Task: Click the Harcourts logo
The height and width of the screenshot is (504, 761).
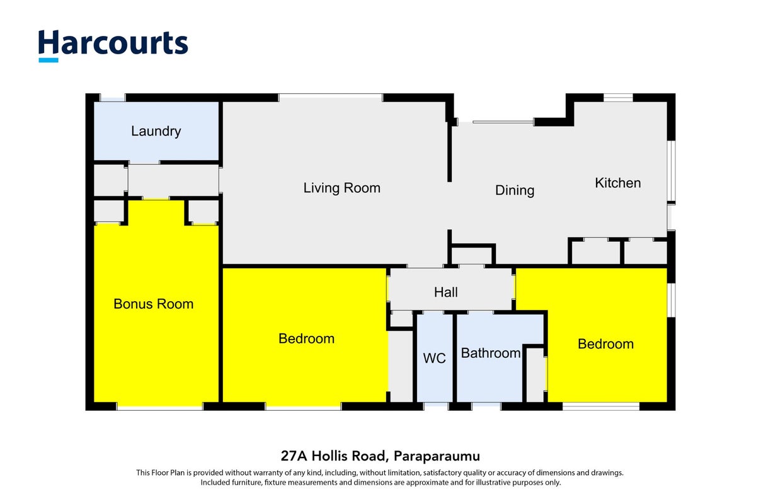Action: tap(113, 45)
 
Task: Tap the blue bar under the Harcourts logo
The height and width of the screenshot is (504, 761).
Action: tap(49, 60)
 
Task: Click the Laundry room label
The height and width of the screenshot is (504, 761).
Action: tap(156, 131)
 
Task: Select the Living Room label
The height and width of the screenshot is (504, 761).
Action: tap(342, 188)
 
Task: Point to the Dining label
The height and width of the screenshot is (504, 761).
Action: tap(515, 190)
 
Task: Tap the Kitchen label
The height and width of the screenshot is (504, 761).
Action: tap(617, 183)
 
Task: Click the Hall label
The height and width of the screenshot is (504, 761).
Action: tap(446, 292)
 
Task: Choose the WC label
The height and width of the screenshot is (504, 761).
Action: tap(434, 358)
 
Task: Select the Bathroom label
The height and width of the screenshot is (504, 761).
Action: tap(491, 353)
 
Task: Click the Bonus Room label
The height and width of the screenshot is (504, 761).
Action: tap(154, 304)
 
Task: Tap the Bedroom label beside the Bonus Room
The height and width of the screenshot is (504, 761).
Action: tap(306, 338)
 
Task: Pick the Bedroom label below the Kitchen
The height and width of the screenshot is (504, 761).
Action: tap(606, 344)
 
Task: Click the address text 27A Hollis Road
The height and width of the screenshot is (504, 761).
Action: tap(335, 455)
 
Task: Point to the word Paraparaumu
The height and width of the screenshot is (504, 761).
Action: tap(437, 456)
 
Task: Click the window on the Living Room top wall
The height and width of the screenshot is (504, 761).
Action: tap(331, 98)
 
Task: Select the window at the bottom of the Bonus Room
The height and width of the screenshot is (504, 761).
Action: tap(160, 406)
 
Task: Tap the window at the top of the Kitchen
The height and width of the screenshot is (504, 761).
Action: tap(618, 98)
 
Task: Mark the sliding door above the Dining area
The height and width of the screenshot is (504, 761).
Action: tap(503, 122)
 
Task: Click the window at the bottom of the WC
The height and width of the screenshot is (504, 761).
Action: tap(436, 406)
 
